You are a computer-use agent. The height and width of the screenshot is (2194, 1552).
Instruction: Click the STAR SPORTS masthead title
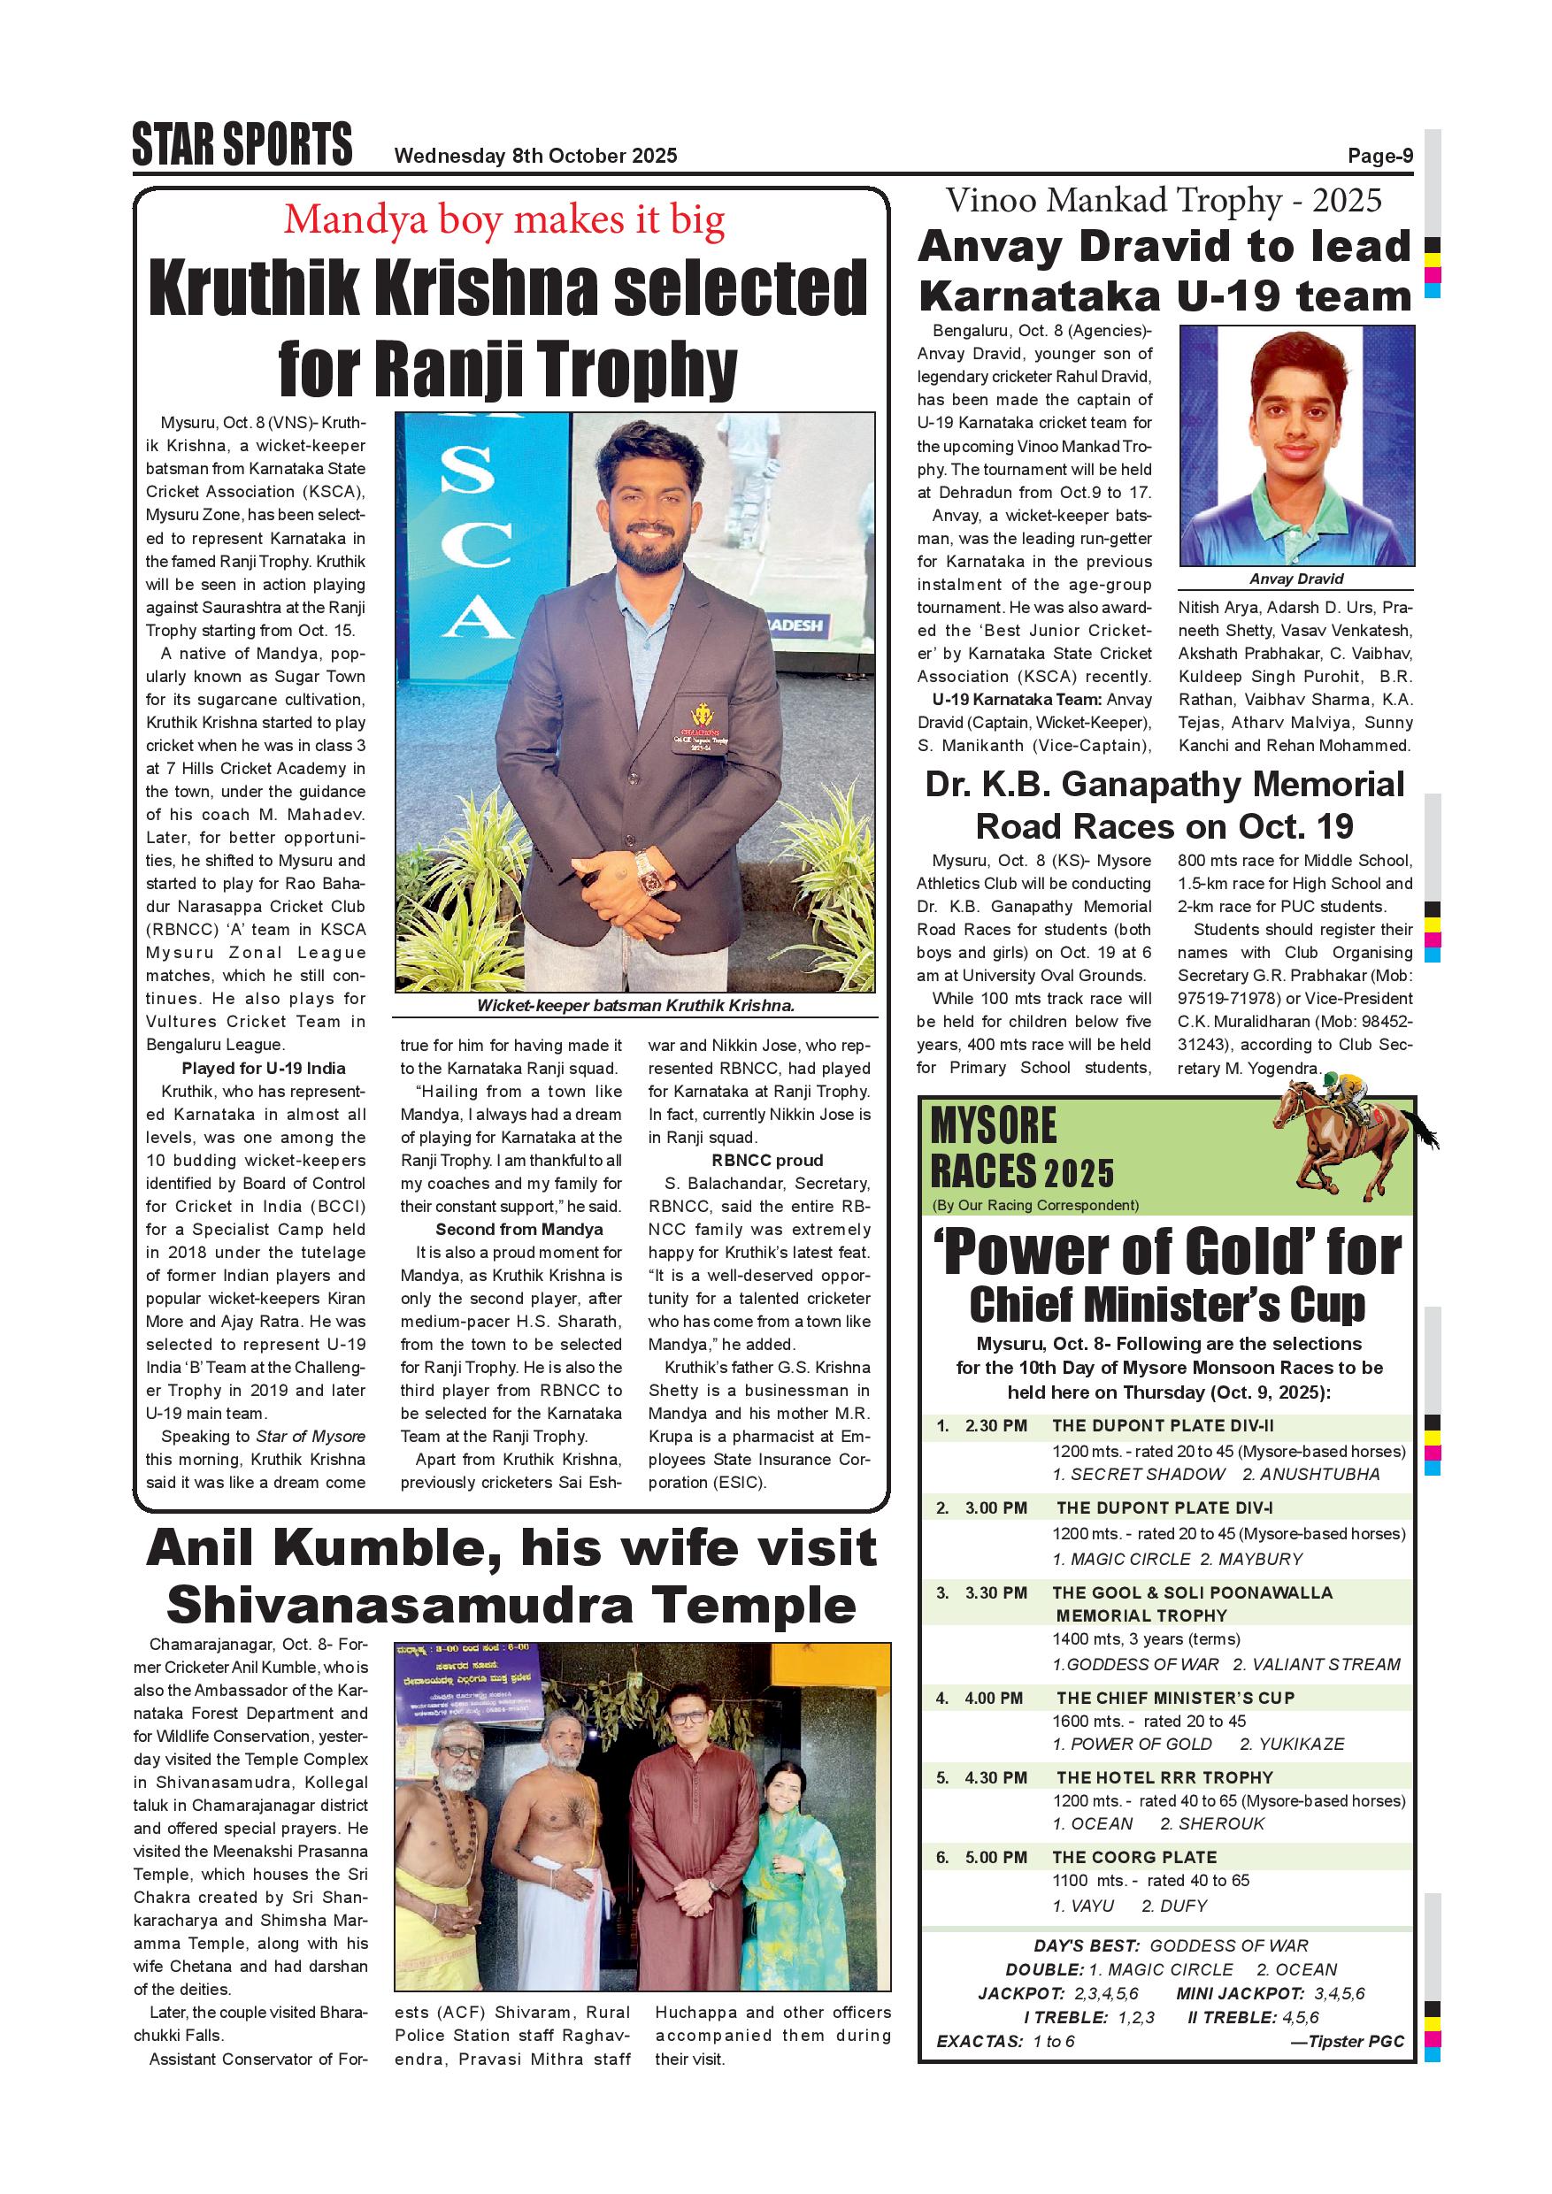[x=242, y=145]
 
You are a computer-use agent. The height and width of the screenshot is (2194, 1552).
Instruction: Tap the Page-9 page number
[x=1380, y=156]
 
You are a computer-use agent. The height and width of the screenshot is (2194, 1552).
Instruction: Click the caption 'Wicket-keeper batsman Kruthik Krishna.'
[x=635, y=1005]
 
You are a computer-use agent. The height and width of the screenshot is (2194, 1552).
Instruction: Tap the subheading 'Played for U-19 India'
[x=263, y=1069]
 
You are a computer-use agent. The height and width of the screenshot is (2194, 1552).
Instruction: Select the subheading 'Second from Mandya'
[x=519, y=1229]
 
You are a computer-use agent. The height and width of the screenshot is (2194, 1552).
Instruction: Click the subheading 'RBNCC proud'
[x=766, y=1160]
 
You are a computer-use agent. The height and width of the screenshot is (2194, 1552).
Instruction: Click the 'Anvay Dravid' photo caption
[x=1296, y=579]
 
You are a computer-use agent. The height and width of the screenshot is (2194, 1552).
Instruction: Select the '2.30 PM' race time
[x=995, y=1426]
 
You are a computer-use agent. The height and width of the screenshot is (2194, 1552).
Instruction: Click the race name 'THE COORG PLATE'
[x=1134, y=1857]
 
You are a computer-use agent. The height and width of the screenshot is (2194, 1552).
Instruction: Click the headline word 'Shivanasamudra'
[x=398, y=1607]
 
